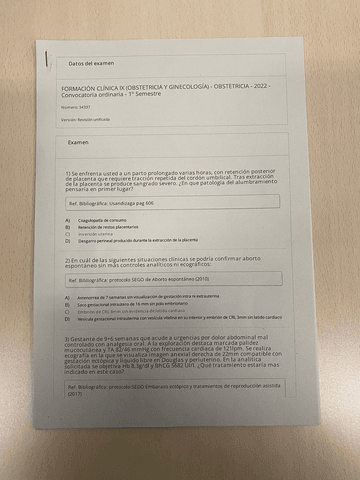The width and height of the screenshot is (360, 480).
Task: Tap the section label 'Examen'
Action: click(x=77, y=143)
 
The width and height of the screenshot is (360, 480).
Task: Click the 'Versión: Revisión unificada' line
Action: click(x=90, y=120)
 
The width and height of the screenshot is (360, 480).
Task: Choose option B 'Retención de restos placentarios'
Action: click(x=112, y=227)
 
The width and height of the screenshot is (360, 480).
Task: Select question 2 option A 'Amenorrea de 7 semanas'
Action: click(x=150, y=298)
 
